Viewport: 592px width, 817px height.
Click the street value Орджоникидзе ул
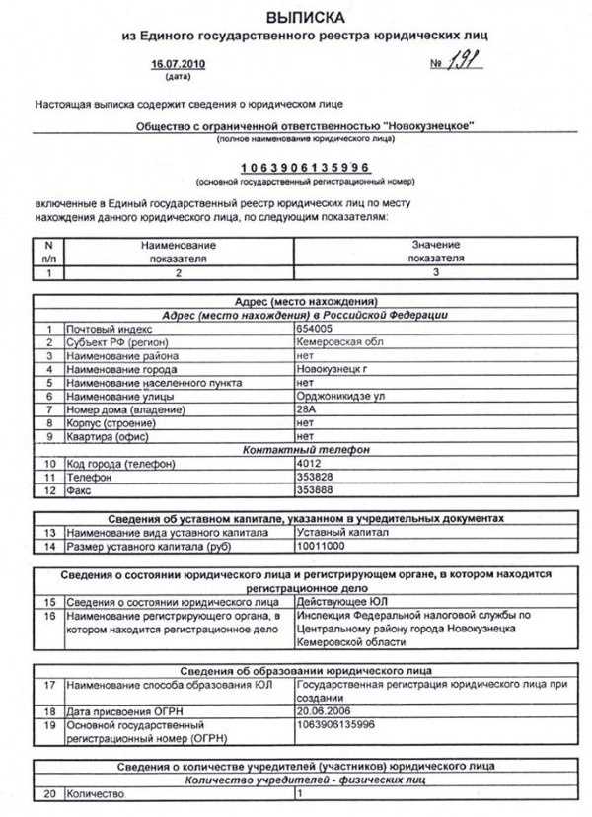338,395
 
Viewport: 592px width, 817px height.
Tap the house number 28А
306,408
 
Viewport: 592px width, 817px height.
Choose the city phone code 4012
308,463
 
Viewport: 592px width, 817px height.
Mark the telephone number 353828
314,477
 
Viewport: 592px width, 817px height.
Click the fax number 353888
314,490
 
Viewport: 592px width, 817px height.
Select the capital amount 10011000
321,546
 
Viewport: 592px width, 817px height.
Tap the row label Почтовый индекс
110,328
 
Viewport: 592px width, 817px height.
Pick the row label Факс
78,490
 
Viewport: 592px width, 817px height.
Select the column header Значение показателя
434,251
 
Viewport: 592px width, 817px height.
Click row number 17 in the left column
48,684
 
